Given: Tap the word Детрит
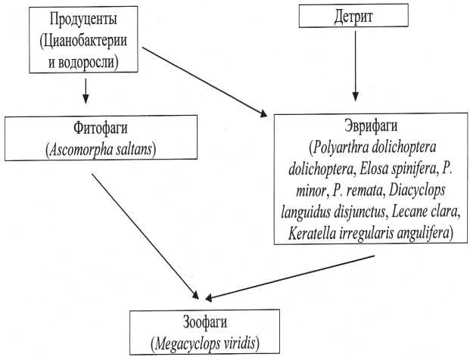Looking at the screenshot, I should click(x=351, y=16).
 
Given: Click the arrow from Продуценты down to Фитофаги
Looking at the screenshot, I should click(x=86, y=90).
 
